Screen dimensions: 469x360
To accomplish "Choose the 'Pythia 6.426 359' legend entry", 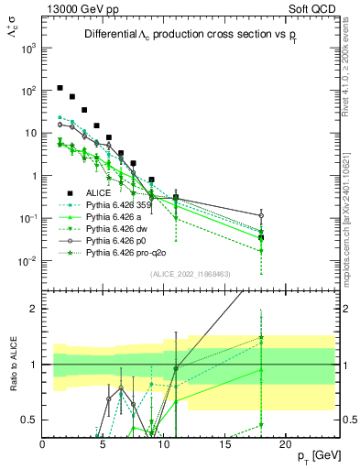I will (x=123, y=205).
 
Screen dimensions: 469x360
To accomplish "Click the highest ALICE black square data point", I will (x=60, y=89).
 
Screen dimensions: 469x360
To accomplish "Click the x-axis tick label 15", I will (x=224, y=443).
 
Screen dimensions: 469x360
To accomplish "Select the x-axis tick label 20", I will (x=285, y=443).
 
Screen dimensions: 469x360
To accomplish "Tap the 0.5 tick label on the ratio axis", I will (x=29, y=420).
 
